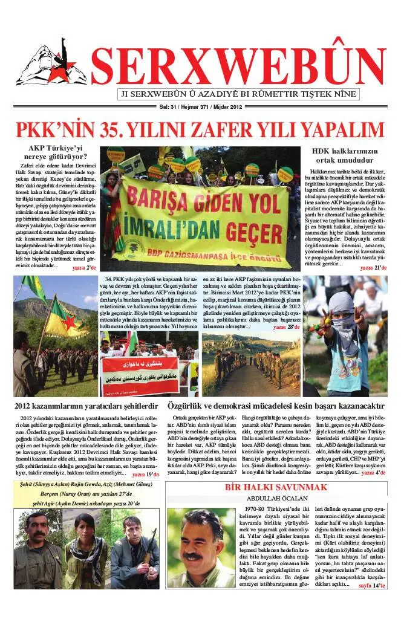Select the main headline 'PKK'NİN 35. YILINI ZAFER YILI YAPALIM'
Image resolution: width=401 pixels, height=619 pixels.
tap(200, 130)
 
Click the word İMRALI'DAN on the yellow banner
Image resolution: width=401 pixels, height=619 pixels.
tap(200, 226)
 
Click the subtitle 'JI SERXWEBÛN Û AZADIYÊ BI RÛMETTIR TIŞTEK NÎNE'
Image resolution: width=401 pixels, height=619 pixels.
tap(238, 95)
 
